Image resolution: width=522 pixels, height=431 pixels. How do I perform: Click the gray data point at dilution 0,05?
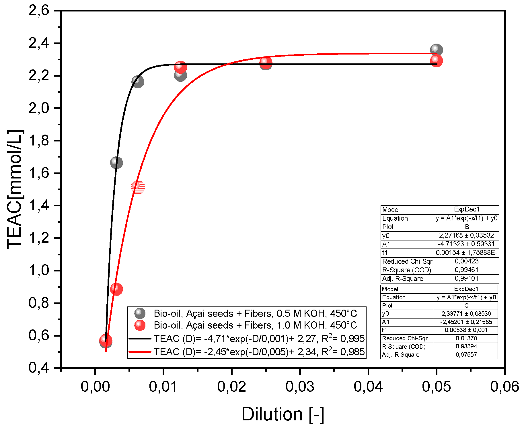pyautogui.click(x=436, y=50)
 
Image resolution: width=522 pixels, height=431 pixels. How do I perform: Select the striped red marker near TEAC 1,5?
pyautogui.click(x=138, y=187)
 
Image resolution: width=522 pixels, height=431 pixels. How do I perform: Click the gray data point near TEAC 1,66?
pyautogui.click(x=116, y=163)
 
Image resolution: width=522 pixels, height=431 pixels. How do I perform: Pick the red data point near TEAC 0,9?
pyautogui.click(x=116, y=289)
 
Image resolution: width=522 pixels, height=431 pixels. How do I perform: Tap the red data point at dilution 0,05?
pyautogui.click(x=436, y=61)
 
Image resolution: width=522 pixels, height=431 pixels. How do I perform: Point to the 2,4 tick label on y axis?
pyautogui.click(x=39, y=43)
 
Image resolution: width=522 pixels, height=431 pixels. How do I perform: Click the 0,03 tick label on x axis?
pyautogui.click(x=300, y=387)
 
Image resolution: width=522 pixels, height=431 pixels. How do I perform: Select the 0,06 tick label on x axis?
pyautogui.click(x=504, y=387)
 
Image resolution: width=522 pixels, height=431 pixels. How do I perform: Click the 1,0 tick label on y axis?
pyautogui.click(x=39, y=271)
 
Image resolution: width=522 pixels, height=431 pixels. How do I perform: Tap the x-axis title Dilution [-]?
pyautogui.click(x=283, y=414)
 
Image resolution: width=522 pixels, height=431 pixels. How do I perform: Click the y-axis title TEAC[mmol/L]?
pyautogui.click(x=15, y=189)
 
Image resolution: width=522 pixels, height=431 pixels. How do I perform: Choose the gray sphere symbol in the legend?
pyautogui.click(x=140, y=313)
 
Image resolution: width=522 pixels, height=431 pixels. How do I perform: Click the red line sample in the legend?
pyautogui.click(x=140, y=352)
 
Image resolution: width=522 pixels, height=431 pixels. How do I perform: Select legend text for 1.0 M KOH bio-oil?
pyautogui.click(x=255, y=325)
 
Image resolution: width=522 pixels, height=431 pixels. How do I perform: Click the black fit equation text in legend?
pyautogui.click(x=259, y=339)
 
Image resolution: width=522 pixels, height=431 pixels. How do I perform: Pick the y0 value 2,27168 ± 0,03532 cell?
pyautogui.click(x=466, y=235)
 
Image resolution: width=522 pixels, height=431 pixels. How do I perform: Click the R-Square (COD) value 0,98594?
pyautogui.click(x=466, y=346)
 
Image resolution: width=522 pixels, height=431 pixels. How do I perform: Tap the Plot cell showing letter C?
pyautogui.click(x=466, y=305)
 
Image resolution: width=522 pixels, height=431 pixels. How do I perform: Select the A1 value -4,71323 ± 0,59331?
pyautogui.click(x=466, y=244)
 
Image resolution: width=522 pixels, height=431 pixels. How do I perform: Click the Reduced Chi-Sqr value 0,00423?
pyautogui.click(x=466, y=261)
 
